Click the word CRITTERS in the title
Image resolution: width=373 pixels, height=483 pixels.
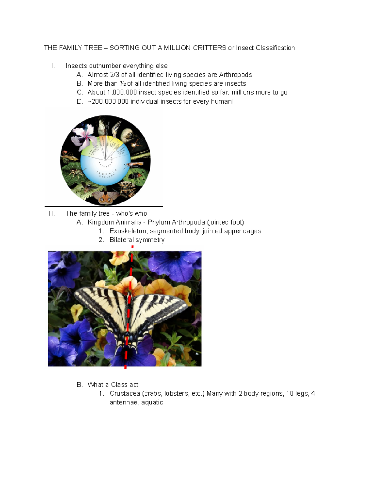(x=209, y=48)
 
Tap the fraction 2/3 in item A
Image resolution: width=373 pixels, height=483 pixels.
(x=115, y=75)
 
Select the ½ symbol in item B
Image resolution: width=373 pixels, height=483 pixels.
(x=123, y=83)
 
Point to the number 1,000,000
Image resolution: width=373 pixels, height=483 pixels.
(x=122, y=92)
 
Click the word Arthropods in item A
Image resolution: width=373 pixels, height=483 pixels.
(x=235, y=75)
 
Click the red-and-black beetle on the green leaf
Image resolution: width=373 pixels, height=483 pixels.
(x=135, y=176)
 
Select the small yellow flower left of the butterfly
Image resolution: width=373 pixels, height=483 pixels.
(x=76, y=312)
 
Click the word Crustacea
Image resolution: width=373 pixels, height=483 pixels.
(x=125, y=393)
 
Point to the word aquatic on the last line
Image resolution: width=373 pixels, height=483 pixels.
(x=152, y=402)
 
